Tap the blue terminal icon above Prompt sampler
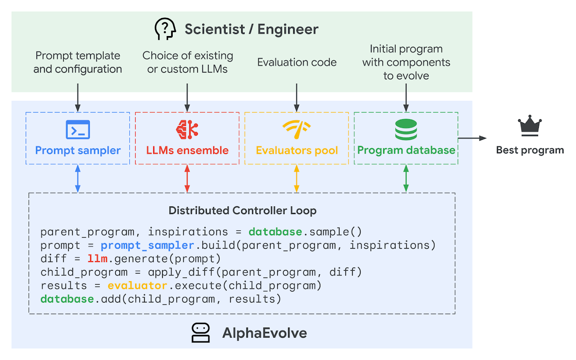78,130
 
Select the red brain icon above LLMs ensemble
187,130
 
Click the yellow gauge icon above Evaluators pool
296,129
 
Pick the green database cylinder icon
406,130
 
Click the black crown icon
530,126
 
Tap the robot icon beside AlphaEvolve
200,333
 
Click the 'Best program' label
530,150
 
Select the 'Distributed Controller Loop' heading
242,210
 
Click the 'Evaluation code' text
297,62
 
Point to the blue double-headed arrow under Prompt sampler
78,178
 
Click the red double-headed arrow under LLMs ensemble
187,178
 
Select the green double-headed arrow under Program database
406,178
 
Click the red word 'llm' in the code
97,259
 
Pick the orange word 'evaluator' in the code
137,286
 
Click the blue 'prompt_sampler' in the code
147,245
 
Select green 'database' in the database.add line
67,299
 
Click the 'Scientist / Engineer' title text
251,29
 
